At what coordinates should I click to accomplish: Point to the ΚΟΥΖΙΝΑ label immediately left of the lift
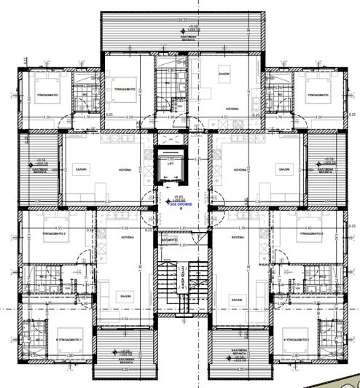tap(126, 169)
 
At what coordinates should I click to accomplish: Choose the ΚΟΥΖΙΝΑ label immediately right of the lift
tap(239, 169)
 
